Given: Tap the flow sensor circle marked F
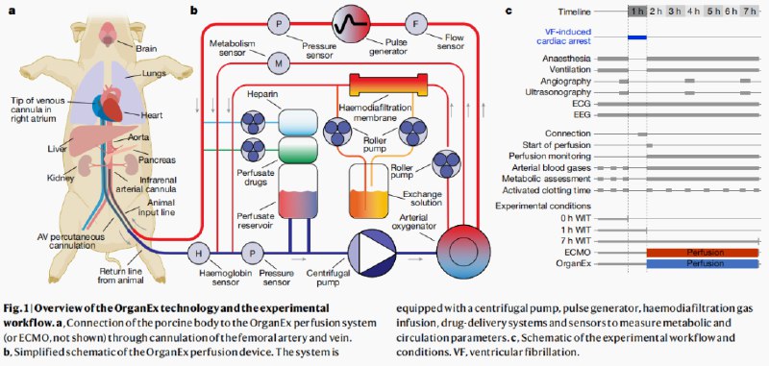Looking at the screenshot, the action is pos(416,22).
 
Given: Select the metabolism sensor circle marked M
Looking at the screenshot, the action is pos(279,63).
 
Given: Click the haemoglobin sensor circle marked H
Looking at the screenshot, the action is pos(199,253).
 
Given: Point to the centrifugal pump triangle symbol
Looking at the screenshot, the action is pos(371,253).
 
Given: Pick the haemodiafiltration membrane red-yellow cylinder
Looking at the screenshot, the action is pos(387,85).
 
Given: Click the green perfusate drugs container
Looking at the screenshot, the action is pos(298,150).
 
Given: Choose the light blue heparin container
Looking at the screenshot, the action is pos(298,123).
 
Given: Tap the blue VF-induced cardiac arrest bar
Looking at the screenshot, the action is pos(637,37).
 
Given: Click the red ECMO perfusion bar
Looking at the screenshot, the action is pos(703,253).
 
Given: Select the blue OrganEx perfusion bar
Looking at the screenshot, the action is pos(703,263).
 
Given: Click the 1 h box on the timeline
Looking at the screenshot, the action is pos(637,12).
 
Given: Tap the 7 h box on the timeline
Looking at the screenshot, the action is pos(750,12).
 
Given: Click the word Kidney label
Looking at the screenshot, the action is pos(62,178).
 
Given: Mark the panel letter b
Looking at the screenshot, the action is pos(194,10).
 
